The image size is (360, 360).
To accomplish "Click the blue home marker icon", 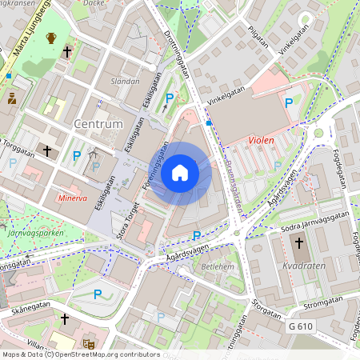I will point(180,172).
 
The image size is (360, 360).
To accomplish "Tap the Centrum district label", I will point(98,124).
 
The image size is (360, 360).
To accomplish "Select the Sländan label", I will point(125,81).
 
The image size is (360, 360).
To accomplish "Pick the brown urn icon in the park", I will point(51,38).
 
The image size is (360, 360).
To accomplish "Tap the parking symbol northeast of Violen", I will point(289,102).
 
